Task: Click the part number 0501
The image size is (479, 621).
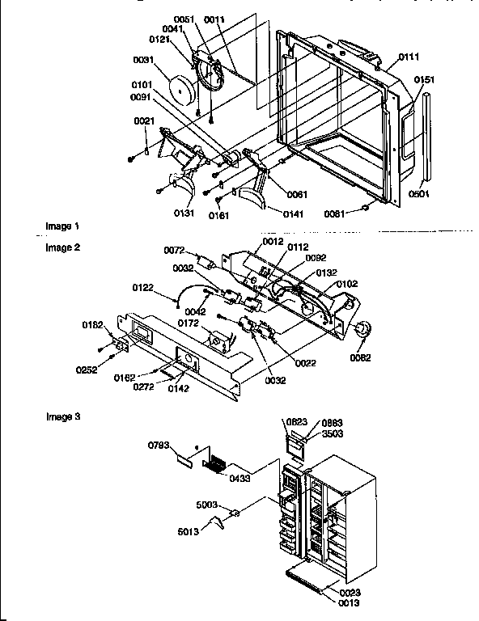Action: (419, 193)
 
